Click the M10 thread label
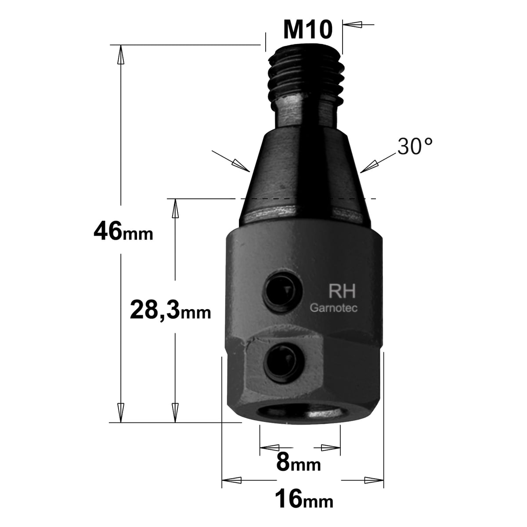[308, 30]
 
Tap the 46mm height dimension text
[123, 232]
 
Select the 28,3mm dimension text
[170, 310]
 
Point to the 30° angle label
[415, 146]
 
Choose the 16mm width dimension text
[304, 498]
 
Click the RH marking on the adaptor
[342, 291]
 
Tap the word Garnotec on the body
[334, 308]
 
